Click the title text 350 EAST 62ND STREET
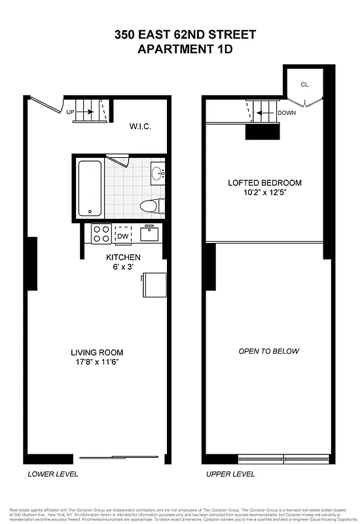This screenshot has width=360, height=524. click(x=185, y=35)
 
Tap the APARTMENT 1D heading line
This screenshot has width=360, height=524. click(x=185, y=48)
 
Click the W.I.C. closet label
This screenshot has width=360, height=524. click(x=140, y=126)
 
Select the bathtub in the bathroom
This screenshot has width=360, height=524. click(x=90, y=189)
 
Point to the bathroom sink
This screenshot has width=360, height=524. click(x=158, y=174)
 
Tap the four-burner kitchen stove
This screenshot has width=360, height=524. click(x=101, y=234)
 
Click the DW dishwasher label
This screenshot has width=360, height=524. click(x=123, y=236)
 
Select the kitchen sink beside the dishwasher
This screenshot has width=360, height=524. click(x=149, y=233)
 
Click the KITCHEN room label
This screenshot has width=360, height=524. click(x=124, y=257)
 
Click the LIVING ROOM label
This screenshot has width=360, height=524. click(x=98, y=352)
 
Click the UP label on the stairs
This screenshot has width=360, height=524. click(x=70, y=113)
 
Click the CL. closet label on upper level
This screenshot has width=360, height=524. click(x=306, y=84)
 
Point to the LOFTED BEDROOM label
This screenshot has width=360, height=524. click(x=264, y=183)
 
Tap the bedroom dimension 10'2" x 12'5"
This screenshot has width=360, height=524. click(x=264, y=193)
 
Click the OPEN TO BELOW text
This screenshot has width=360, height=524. click(x=268, y=352)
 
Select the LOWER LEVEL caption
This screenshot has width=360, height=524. click(x=54, y=474)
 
